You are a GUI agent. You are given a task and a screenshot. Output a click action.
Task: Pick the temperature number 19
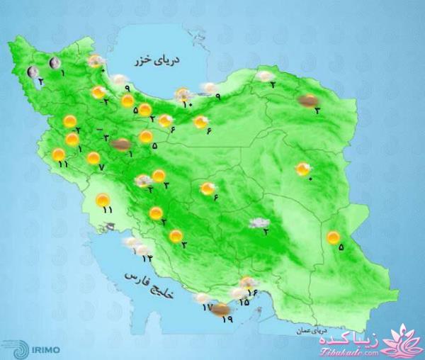click(x=227, y=320)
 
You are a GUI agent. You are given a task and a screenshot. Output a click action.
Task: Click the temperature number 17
click(x=207, y=308)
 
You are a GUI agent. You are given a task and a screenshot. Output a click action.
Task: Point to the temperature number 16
click(x=251, y=292)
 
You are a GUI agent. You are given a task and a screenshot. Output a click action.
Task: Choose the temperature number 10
click(x=187, y=105)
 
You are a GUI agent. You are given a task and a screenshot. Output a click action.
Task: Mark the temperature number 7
click(x=101, y=167)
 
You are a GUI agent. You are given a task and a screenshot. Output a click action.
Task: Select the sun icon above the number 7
click(x=93, y=158)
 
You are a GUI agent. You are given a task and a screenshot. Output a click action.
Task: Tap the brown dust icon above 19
click(x=222, y=308)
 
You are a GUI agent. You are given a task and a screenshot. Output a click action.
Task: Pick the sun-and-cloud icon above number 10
click(x=185, y=94)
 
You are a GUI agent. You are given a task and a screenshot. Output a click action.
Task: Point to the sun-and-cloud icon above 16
click(x=247, y=282)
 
